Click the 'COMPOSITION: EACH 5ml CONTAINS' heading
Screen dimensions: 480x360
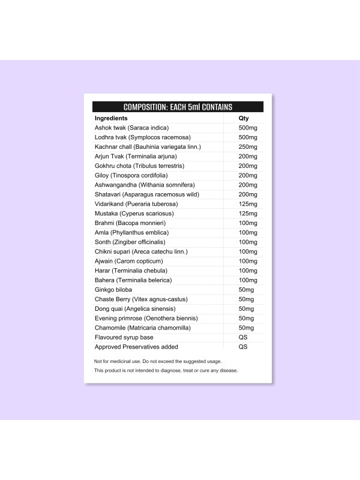178,107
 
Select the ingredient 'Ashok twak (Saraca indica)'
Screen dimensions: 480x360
132,128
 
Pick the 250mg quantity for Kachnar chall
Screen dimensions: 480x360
248,146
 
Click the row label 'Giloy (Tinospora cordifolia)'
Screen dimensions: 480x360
131,175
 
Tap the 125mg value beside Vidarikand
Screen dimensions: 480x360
248,204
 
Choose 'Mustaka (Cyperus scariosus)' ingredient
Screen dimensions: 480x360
134,213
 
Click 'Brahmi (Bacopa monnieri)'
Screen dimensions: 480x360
126,223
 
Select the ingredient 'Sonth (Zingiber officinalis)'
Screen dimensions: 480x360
131,242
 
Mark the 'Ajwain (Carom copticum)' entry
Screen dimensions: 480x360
128,261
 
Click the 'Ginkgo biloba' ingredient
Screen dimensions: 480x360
113,289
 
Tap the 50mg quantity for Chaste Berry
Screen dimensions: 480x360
246,299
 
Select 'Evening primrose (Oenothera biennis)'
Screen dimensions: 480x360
146,318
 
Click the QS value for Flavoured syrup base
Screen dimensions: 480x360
243,337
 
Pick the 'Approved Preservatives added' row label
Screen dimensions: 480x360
136,347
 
